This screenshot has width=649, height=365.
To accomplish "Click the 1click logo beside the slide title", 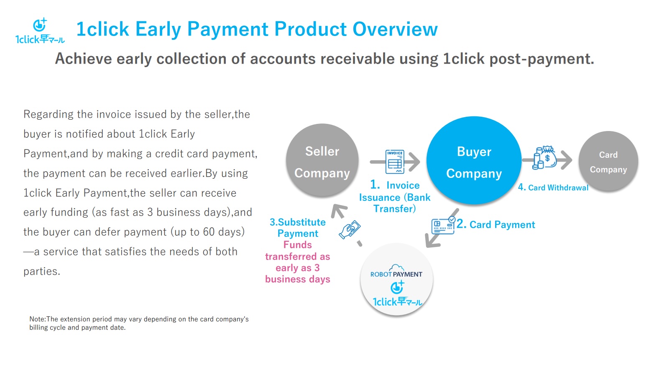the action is pyautogui.click(x=40, y=31).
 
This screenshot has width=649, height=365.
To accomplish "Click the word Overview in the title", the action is pyautogui.click(x=395, y=29).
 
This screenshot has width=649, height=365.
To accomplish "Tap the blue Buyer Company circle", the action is pyautogui.click(x=474, y=160).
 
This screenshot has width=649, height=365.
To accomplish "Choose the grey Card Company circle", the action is pyautogui.click(x=608, y=161).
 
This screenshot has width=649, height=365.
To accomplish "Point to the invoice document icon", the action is pyautogui.click(x=395, y=162).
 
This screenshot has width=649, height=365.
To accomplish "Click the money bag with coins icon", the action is pyautogui.click(x=545, y=157).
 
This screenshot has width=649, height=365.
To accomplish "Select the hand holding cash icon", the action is pyautogui.click(x=350, y=230).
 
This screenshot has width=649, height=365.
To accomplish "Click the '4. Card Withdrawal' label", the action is pyautogui.click(x=553, y=187).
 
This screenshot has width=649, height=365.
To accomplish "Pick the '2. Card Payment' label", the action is pyautogui.click(x=496, y=224).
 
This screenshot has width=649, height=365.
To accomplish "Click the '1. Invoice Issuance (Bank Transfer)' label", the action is pyautogui.click(x=395, y=197).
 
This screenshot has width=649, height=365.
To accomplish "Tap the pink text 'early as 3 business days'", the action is pyautogui.click(x=298, y=273).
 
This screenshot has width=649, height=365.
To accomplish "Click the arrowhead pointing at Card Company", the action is pyautogui.click(x=567, y=160).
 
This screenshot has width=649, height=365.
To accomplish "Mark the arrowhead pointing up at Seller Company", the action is pyautogui.click(x=339, y=211).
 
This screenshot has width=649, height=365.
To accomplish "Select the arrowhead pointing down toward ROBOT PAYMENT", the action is pyautogui.click(x=432, y=241).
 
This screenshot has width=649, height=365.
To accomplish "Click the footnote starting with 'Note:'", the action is pyautogui.click(x=139, y=323).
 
